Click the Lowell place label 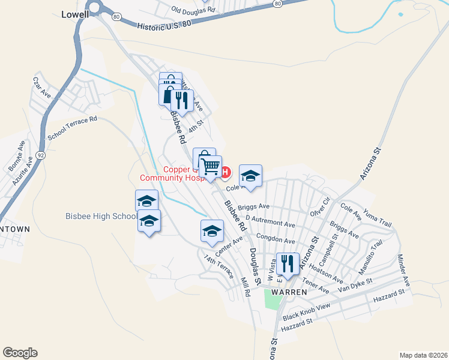pyautogui.click(x=76, y=14)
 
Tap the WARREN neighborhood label pyautogui.click(x=289, y=292)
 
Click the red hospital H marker pyautogui.click(x=225, y=173)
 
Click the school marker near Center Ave pyautogui.click(x=212, y=230)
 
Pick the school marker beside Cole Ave pyautogui.click(x=250, y=175)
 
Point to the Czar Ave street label pyautogui.click(x=42, y=87)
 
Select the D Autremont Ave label pyautogui.click(x=270, y=222)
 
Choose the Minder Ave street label pyautogui.click(x=403, y=269)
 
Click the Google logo pyautogui.click(x=20, y=353)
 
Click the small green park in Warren pyautogui.click(x=272, y=298)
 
